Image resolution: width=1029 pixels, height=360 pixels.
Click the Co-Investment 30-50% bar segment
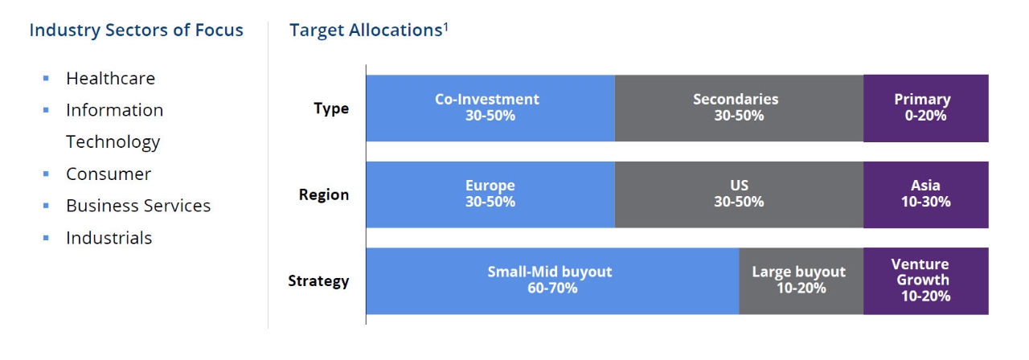490,108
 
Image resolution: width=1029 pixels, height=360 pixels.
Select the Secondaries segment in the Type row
738,108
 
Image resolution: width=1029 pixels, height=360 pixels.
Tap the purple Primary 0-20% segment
925,108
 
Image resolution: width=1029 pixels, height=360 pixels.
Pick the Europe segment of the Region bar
490,194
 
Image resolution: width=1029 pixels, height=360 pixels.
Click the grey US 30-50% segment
738,194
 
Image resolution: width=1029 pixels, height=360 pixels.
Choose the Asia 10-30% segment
925,194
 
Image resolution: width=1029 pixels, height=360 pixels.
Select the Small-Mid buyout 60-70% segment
551,280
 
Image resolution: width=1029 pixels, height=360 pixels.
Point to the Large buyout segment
801,280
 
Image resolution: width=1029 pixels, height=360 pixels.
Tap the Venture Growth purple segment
925,280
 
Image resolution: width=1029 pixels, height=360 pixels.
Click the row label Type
331,108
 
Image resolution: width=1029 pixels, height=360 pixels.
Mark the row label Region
324,194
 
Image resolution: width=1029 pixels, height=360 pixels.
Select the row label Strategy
318,281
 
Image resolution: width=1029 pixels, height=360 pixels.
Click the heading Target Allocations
365,31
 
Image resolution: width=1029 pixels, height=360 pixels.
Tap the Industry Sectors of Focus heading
136,31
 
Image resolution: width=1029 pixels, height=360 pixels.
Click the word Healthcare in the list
110,78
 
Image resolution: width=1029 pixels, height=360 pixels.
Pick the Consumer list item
109,174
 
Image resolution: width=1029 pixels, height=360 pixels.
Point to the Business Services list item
138,206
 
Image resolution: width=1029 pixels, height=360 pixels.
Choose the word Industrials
109,238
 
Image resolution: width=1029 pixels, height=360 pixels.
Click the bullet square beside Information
46,110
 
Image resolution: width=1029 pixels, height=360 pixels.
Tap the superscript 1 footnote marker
445,26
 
